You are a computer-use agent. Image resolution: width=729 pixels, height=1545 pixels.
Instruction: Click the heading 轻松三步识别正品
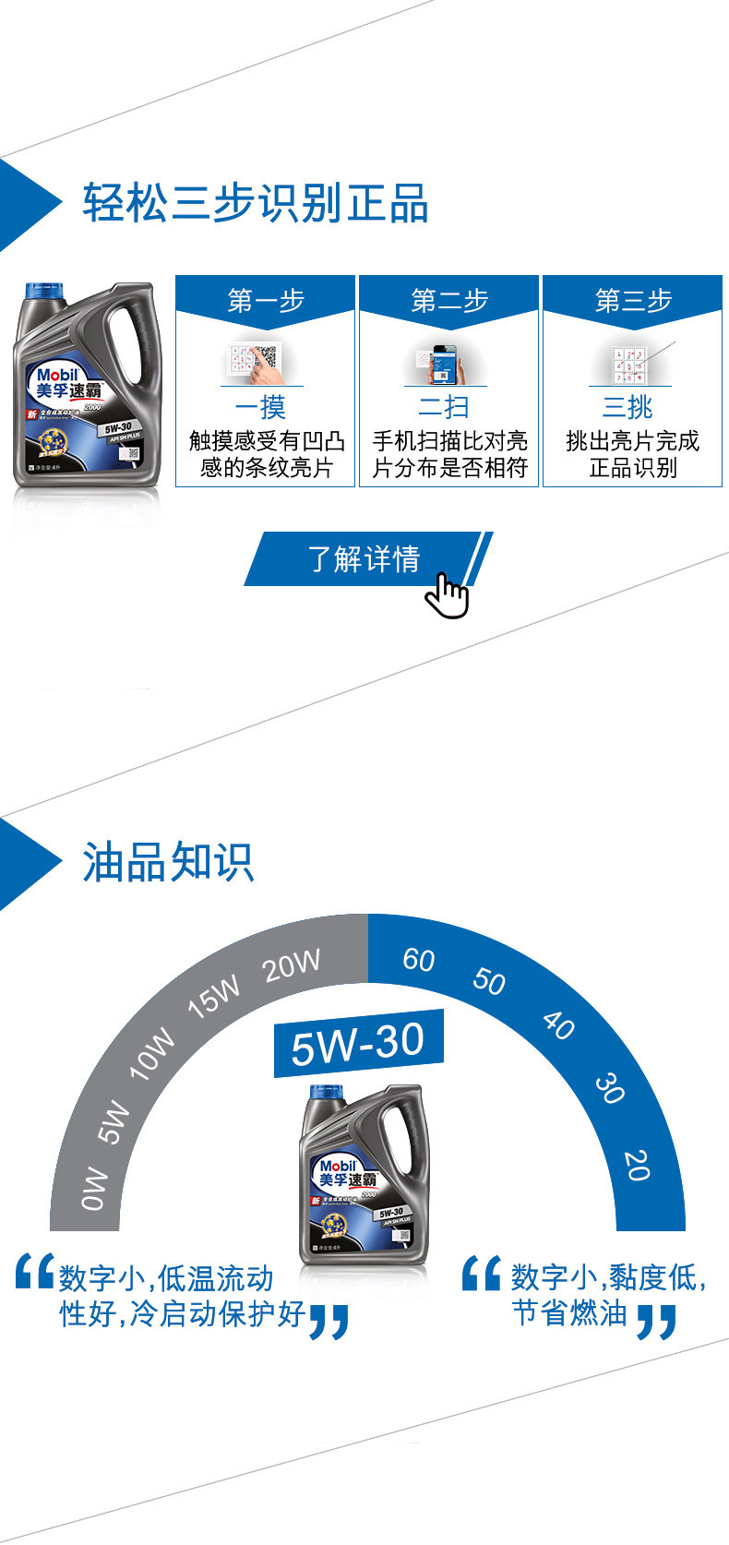tap(256, 203)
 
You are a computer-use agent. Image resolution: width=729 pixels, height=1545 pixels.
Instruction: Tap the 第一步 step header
tap(266, 300)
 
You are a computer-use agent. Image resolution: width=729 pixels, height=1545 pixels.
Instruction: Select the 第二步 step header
tap(449, 300)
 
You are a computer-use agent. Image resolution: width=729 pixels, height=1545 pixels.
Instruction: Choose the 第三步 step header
tap(633, 300)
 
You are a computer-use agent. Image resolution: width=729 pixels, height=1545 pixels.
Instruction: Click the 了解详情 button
tap(364, 558)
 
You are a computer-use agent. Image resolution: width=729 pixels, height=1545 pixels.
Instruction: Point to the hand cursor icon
tap(448, 595)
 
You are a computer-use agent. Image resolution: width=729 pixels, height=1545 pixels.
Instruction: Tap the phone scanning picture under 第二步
tap(445, 364)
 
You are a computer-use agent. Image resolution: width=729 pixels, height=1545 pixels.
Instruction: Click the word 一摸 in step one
tap(260, 407)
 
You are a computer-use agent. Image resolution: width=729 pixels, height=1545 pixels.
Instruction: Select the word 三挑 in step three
tap(627, 407)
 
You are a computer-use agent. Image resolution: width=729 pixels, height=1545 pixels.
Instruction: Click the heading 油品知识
tap(168, 863)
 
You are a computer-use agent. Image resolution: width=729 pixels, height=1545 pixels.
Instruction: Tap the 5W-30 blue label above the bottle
tap(358, 1044)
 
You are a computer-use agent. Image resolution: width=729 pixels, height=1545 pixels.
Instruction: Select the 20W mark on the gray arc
tap(292, 965)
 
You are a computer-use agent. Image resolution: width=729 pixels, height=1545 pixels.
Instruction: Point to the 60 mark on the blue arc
tap(418, 960)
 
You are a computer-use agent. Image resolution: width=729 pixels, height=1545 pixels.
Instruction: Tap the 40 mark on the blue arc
tap(558, 1024)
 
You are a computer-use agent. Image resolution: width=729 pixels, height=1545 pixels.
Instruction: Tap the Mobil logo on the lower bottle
tap(337, 1166)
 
